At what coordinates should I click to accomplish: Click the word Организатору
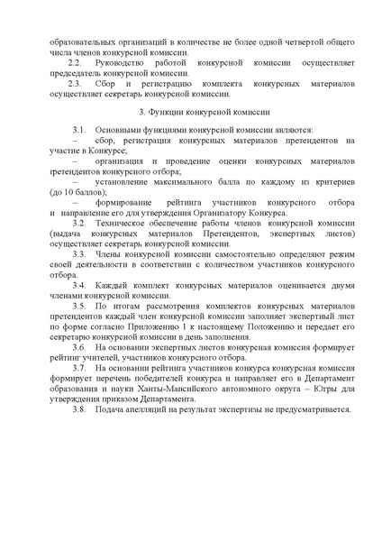pos(240,212)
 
